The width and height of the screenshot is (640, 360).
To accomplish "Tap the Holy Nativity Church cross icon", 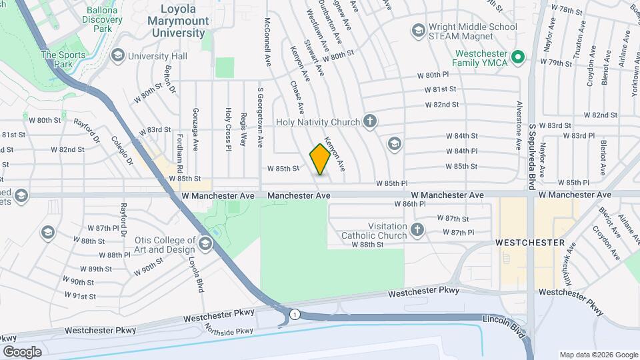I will [371, 122].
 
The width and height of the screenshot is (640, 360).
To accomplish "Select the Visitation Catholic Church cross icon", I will [417, 231].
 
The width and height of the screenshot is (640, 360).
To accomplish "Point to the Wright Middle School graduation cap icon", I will [417, 30].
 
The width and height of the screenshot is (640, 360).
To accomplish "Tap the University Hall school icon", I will [118, 56].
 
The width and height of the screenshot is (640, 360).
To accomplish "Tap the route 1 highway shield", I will [294, 313].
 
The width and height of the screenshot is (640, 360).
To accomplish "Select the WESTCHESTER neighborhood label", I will [531, 243].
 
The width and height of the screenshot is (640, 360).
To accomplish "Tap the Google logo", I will [22, 351].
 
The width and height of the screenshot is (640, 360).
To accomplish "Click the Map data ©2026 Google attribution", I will [598, 355].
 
